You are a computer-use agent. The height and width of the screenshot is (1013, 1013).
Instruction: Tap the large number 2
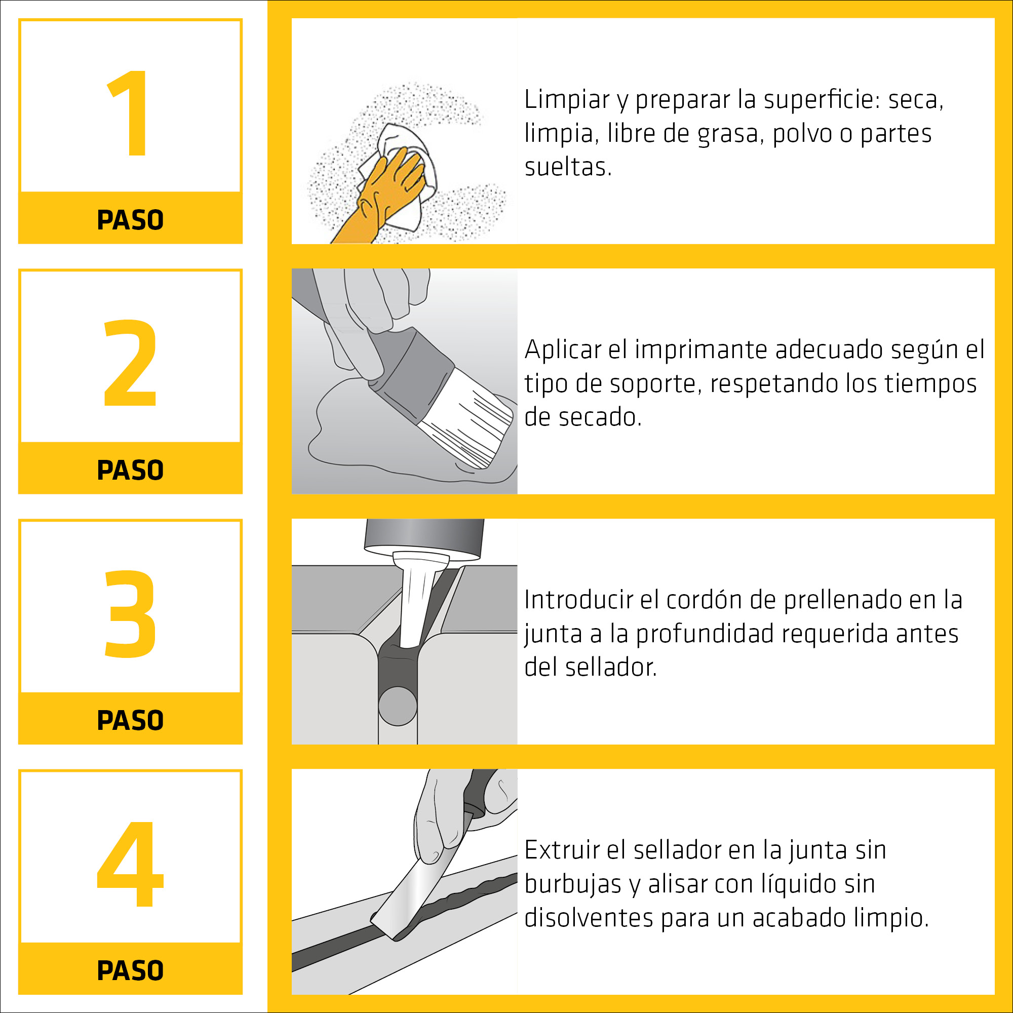[x=131, y=363]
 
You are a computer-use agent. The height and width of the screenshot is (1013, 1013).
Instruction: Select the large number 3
[x=131, y=613]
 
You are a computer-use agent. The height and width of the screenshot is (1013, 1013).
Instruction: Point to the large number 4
[x=131, y=864]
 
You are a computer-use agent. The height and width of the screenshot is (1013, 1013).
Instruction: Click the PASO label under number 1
[x=131, y=220]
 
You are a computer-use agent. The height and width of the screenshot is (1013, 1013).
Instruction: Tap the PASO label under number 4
[x=131, y=970]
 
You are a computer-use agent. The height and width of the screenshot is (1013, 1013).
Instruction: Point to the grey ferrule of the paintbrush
[x=414, y=375]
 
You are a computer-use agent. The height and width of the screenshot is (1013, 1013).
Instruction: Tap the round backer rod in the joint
[x=398, y=706]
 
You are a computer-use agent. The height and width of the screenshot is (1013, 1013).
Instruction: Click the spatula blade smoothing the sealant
[x=414, y=891]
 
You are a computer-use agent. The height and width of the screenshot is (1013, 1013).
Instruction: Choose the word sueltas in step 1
[x=568, y=167]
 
